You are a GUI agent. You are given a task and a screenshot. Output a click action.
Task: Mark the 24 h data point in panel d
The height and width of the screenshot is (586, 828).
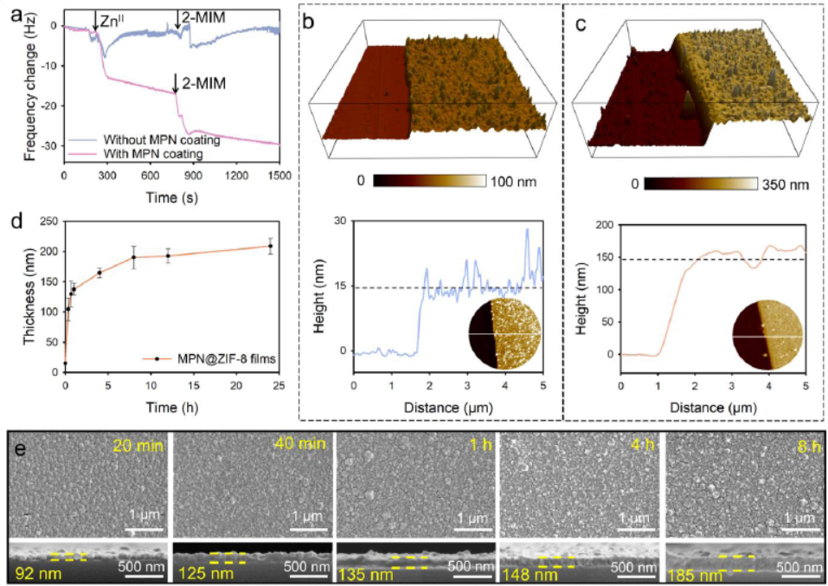271,246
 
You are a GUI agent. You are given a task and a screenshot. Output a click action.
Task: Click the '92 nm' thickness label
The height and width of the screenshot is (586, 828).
33,572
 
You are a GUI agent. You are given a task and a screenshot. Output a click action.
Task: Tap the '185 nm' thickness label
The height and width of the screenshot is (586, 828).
694,573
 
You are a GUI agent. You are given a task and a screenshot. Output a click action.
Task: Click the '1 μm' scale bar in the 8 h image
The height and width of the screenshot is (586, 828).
797,518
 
